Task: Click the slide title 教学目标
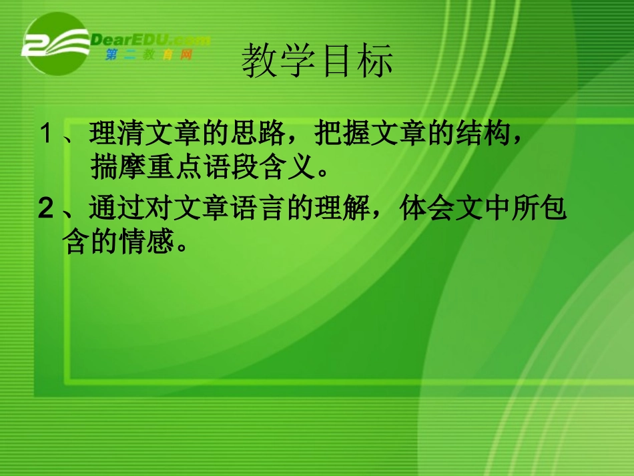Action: pos(317,61)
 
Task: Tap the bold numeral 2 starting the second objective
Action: pos(45,210)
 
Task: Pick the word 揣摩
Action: pos(107,169)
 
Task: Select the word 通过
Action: pos(107,210)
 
